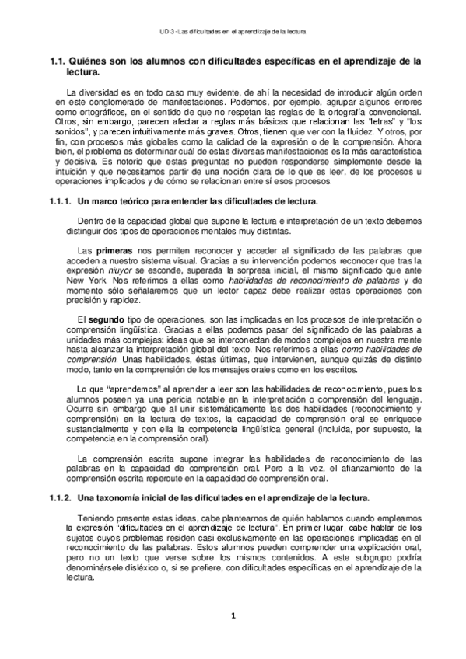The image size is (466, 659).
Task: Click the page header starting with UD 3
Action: tap(233, 32)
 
